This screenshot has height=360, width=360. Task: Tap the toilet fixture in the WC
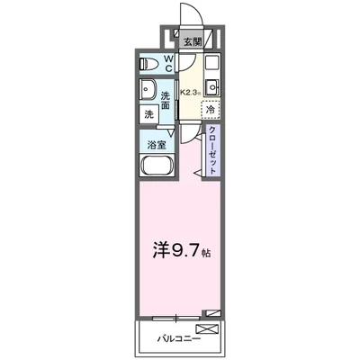[152, 64]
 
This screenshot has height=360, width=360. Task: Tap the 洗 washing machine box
[148, 115]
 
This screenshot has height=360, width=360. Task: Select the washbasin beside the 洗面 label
[147, 91]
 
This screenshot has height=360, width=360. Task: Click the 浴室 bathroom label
[155, 143]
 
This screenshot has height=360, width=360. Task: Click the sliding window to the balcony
[175, 317]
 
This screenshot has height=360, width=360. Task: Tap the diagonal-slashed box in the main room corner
[212, 312]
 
